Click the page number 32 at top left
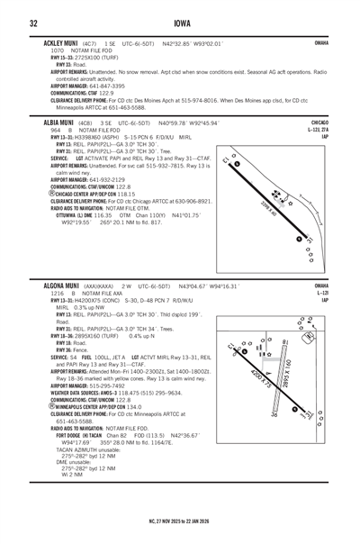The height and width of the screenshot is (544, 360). pyautogui.click(x=33, y=23)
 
